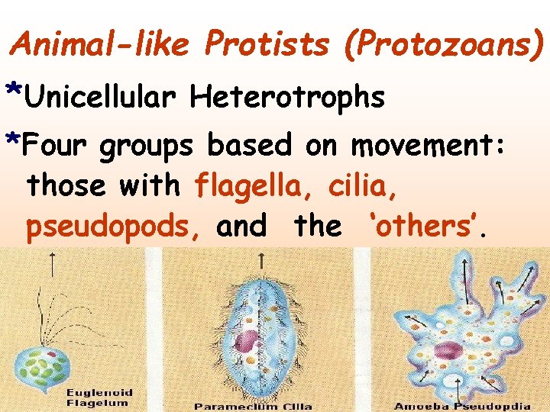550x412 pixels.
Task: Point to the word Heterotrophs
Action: coord(287,97)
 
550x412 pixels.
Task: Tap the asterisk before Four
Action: coord(13,139)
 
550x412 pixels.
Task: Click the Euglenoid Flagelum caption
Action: coord(99,398)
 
